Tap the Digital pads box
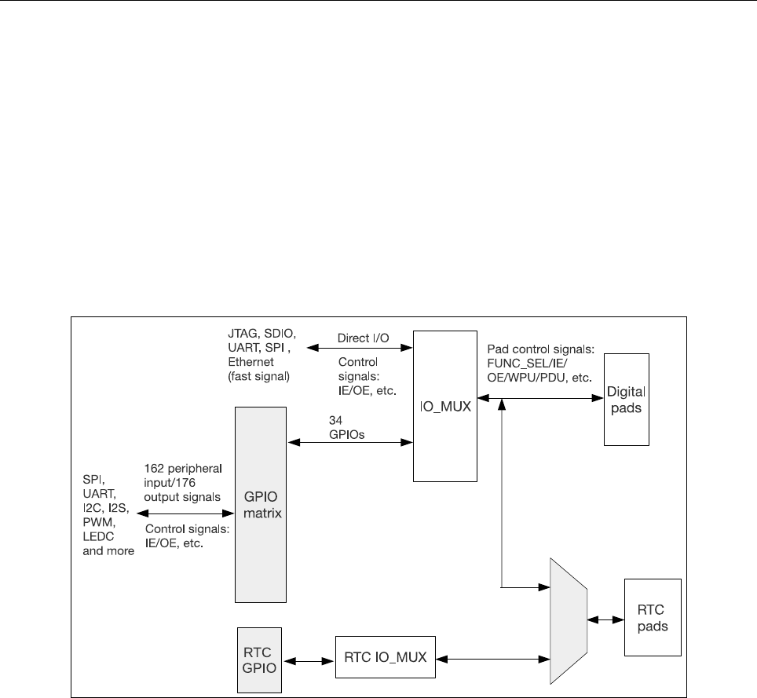(x=626, y=399)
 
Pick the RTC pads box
(x=648, y=616)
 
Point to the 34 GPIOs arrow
(x=351, y=444)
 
